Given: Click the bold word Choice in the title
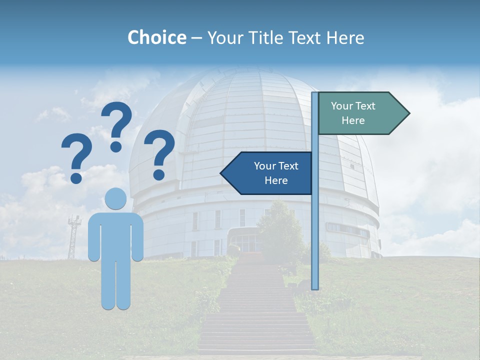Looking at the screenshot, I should click(156, 37).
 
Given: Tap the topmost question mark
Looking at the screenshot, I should click(117, 125).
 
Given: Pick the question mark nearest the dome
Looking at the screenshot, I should click(160, 153).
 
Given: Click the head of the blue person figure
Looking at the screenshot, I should click(116, 199).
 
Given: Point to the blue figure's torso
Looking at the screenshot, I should click(116, 235).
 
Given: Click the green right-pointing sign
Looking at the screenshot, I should click(357, 113).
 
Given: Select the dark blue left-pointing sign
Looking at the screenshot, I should click(270, 173).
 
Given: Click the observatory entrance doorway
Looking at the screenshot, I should click(245, 242).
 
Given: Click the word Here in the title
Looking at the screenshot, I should click(345, 37).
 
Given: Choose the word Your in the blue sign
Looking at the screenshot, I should click(265, 166).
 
